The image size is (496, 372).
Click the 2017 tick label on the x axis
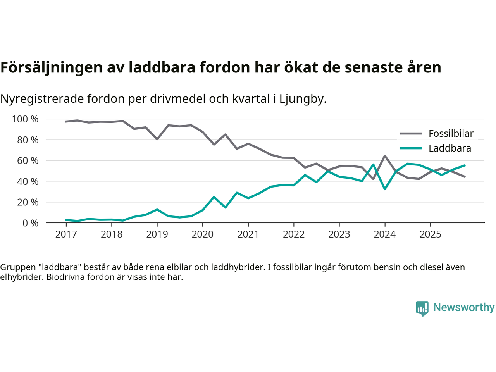[x=66, y=234]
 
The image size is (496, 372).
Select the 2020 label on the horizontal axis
[x=203, y=234]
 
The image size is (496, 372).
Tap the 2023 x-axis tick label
[x=339, y=234]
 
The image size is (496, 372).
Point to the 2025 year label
[x=431, y=234]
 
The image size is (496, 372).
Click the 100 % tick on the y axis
[x=25, y=119]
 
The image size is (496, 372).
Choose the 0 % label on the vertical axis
[x=30, y=223]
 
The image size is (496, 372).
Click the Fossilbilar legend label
[x=451, y=134]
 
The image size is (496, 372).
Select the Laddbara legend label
[x=450, y=148]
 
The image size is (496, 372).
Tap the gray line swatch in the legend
[x=411, y=134]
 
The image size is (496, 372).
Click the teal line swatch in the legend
[x=411, y=148]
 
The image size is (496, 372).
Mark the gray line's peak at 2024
[x=385, y=156]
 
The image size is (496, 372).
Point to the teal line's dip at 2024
[x=385, y=189]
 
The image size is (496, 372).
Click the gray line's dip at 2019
[x=157, y=139]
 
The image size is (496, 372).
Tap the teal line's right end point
[x=465, y=165]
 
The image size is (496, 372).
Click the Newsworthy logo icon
[x=422, y=308]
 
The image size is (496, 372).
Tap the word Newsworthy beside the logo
[x=464, y=307]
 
